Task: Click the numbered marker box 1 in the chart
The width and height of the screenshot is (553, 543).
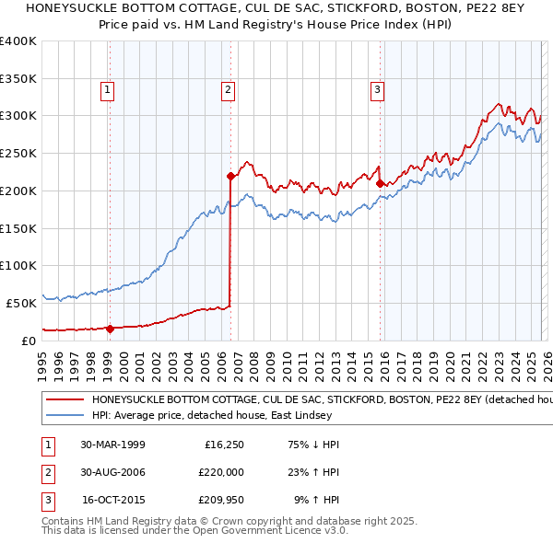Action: (108, 89)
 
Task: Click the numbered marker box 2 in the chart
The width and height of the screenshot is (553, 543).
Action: (227, 89)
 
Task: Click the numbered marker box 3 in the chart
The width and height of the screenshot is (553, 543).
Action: (378, 89)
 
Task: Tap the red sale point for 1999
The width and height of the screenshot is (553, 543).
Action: (110, 328)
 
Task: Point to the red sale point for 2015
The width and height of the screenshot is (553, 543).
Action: (380, 182)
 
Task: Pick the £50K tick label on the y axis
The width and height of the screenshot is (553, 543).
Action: (21, 303)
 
